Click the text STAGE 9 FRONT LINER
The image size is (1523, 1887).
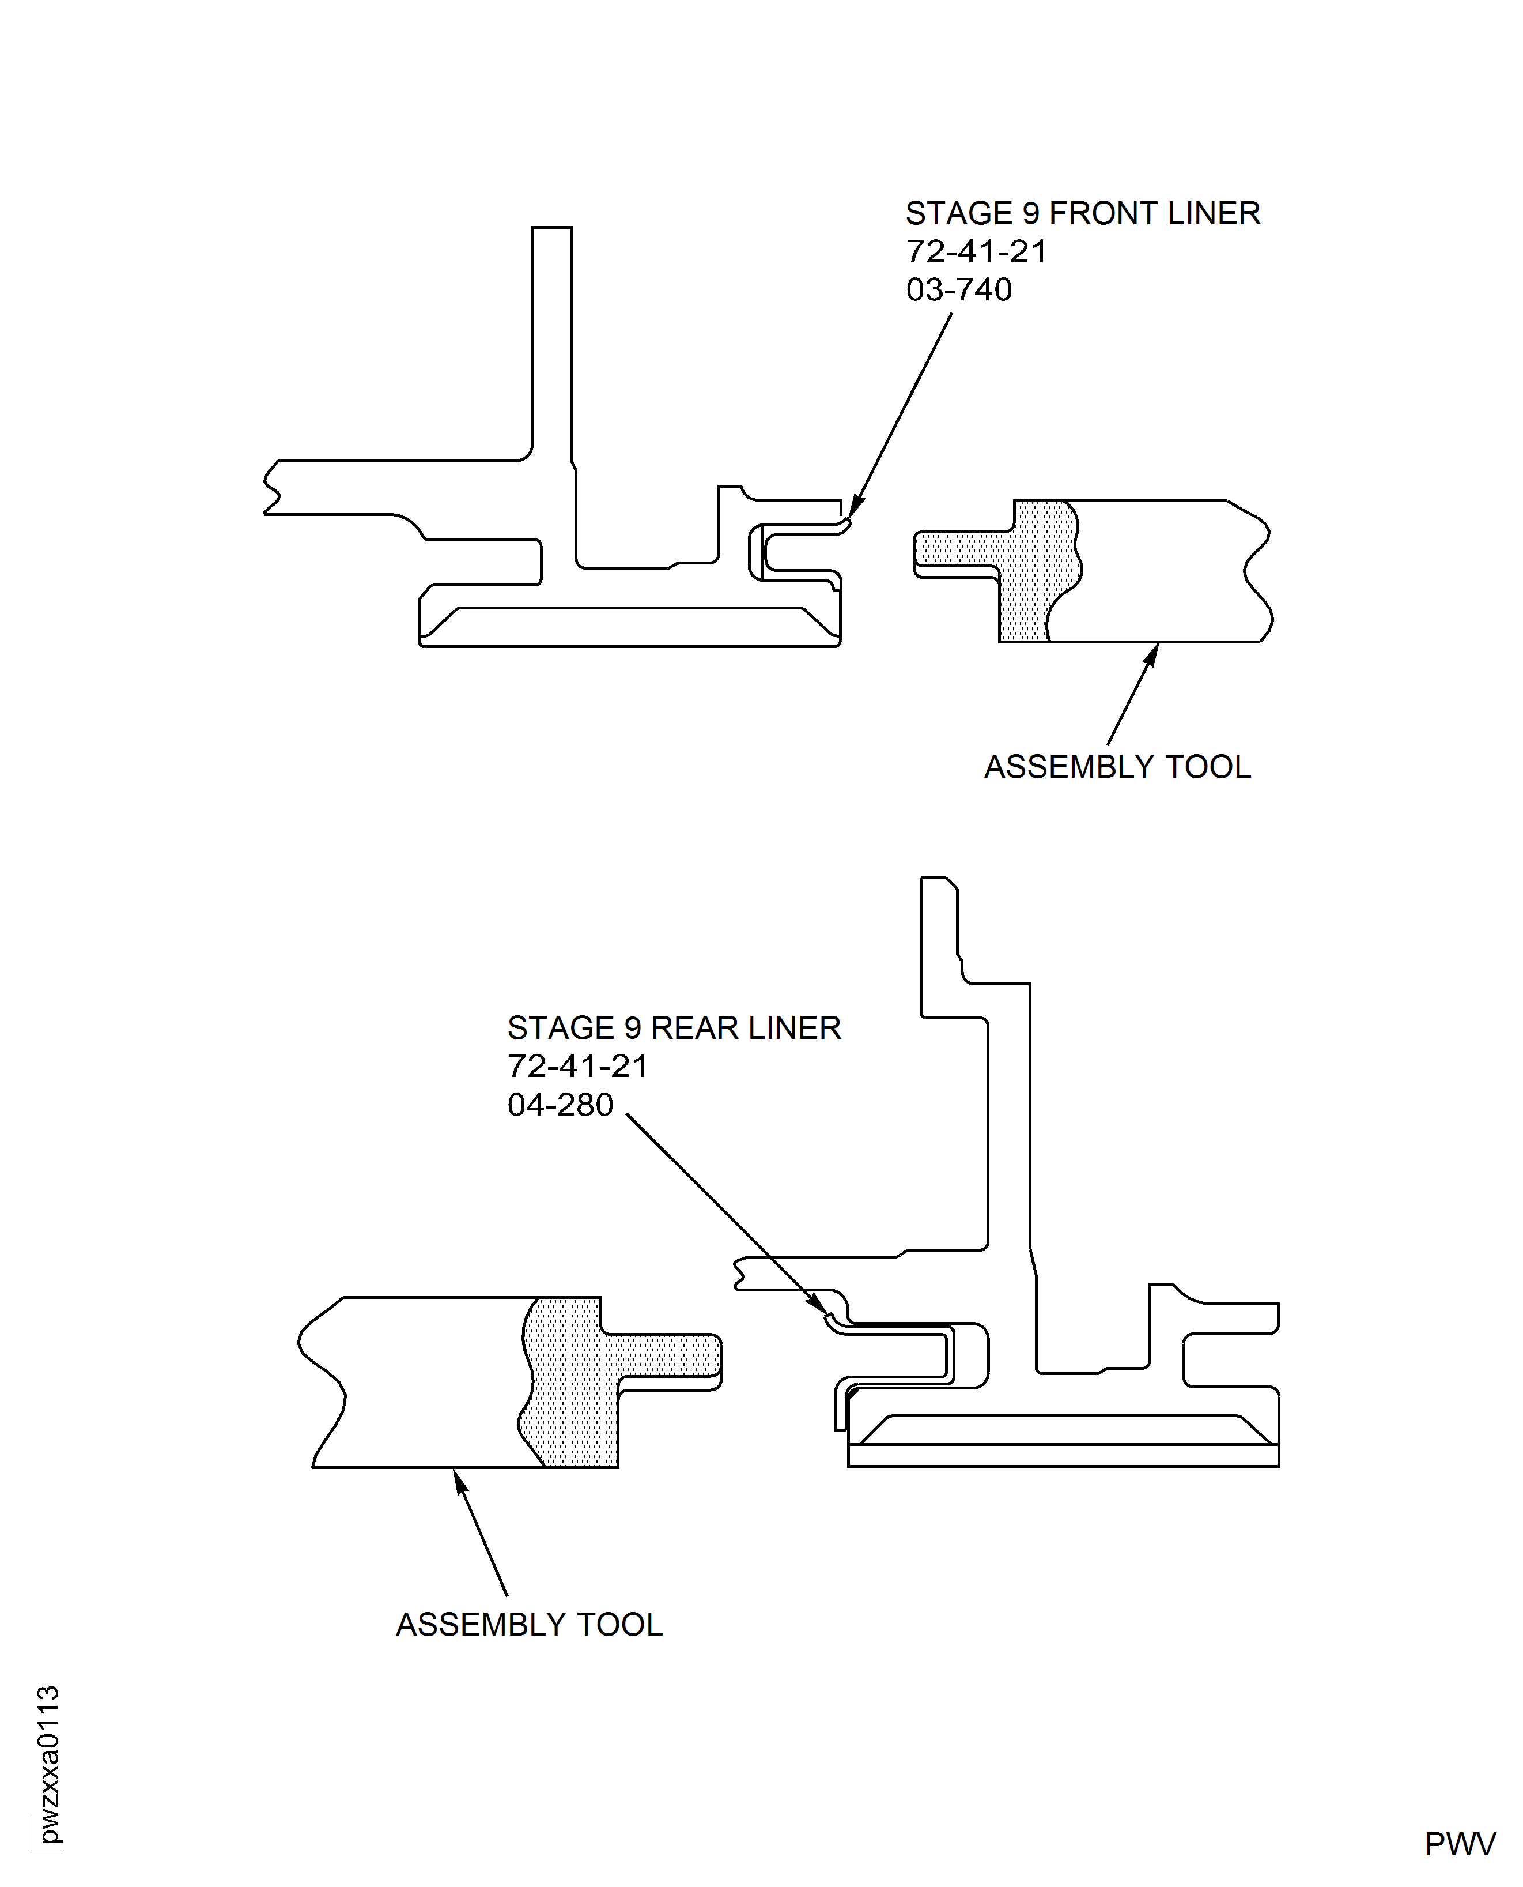click(x=1083, y=213)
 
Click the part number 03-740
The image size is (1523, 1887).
click(x=959, y=289)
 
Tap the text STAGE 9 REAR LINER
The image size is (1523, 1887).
click(x=674, y=1028)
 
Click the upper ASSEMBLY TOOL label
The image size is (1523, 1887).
click(x=1117, y=767)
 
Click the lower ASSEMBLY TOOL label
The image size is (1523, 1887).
click(x=529, y=1625)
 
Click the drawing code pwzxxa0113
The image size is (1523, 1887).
click(x=48, y=1764)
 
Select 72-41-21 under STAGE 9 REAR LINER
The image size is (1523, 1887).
click(x=578, y=1067)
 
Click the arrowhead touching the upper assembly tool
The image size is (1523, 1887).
click(x=1152, y=653)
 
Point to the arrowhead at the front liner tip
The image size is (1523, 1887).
click(x=853, y=509)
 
